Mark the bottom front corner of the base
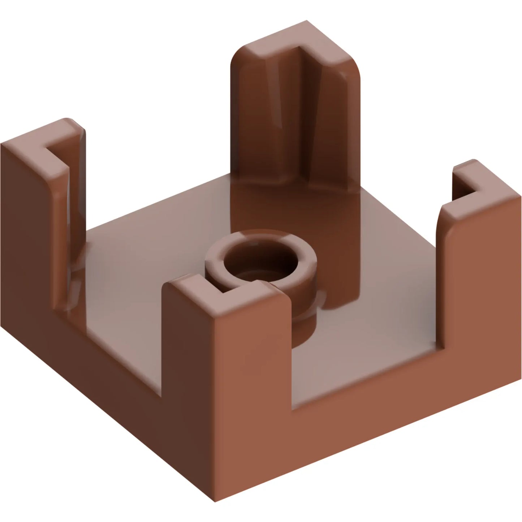pos(215,501)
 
